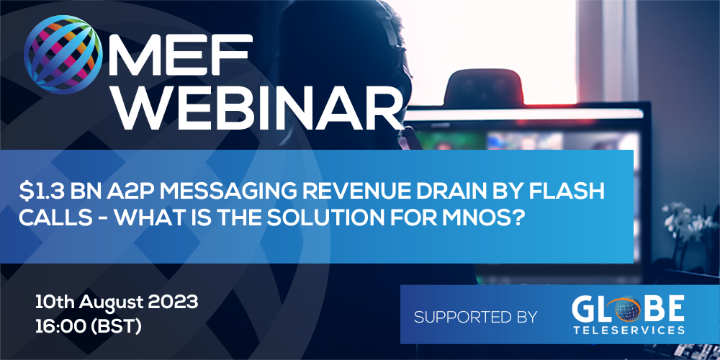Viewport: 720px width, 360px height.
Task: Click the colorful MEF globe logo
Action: coord(63,55)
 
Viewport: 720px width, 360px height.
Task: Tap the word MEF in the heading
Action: coord(182,54)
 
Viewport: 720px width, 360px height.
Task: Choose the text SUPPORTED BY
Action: coord(475,317)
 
